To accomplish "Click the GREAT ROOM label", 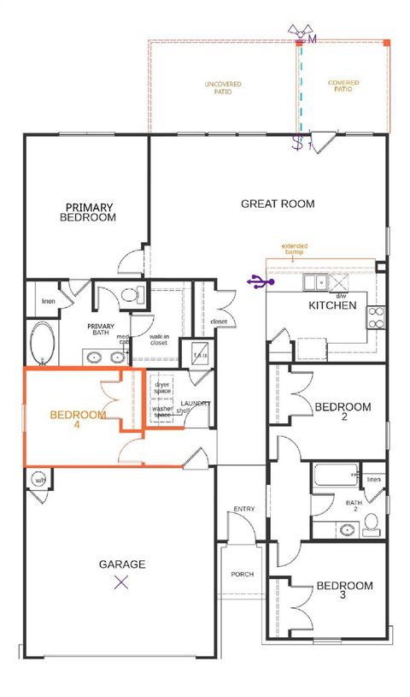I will click(x=278, y=204).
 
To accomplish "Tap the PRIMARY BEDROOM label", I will click(x=87, y=212).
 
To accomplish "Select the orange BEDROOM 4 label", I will click(x=78, y=420).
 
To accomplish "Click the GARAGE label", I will click(x=121, y=564).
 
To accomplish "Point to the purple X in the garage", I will click(x=121, y=583).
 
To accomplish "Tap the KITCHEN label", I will click(x=332, y=305).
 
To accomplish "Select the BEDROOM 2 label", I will click(x=343, y=412).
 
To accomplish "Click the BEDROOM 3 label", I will click(x=344, y=591).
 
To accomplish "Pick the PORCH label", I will click(x=243, y=574).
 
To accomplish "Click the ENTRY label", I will click(x=243, y=510).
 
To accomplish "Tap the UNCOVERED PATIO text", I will click(x=222, y=87).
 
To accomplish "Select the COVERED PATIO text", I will click(x=343, y=86).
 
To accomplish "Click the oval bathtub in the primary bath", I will click(x=41, y=344).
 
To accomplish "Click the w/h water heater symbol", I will click(x=38, y=480).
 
